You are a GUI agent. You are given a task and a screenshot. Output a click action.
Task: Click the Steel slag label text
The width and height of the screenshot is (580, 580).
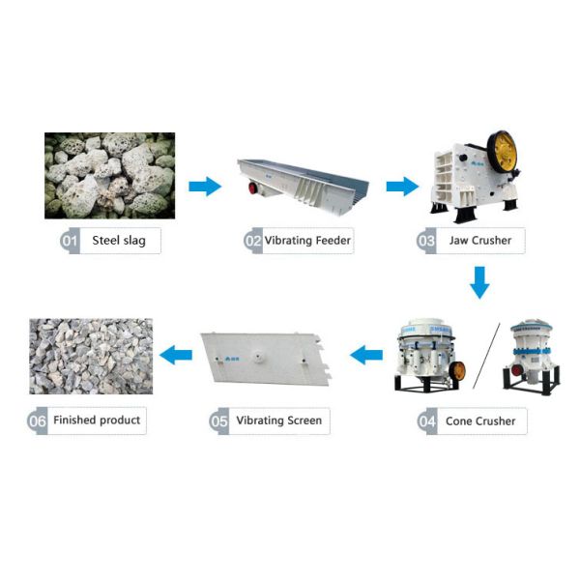pyautogui.click(x=119, y=241)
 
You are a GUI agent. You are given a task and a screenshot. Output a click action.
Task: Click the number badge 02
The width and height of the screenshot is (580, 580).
pyautogui.click(x=253, y=240)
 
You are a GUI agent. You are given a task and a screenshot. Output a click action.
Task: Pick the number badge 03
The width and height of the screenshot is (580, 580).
pyautogui.click(x=426, y=240)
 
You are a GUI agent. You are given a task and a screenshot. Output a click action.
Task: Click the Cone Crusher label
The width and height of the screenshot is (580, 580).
pyautogui.click(x=480, y=420)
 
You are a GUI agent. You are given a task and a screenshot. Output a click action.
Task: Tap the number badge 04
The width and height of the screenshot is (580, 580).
pyautogui.click(x=427, y=420)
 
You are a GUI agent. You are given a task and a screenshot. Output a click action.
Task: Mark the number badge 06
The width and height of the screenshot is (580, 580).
pyautogui.click(x=38, y=420)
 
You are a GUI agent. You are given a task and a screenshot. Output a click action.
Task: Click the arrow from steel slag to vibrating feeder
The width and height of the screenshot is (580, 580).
pyautogui.click(x=205, y=187)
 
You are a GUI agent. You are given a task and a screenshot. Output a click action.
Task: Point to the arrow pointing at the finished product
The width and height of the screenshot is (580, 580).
pyautogui.click(x=175, y=356)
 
